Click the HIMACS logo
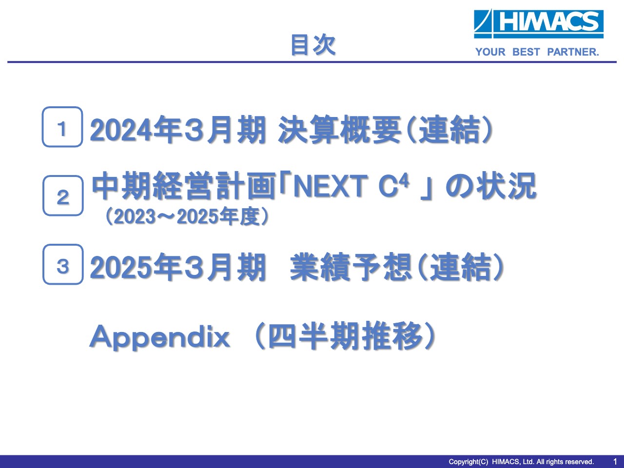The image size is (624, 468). click(x=538, y=24)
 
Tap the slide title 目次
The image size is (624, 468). click(x=313, y=45)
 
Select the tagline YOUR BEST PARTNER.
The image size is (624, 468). click(x=537, y=52)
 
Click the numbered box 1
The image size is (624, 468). click(x=62, y=127)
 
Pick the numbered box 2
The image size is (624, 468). click(x=63, y=196)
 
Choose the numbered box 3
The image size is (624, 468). click(x=63, y=264)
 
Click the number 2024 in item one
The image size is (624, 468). click(x=120, y=130)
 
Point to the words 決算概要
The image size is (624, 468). click(x=339, y=130)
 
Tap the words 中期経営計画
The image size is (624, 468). click(x=184, y=186)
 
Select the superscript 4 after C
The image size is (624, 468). click(x=404, y=181)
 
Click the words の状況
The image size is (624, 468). click(x=491, y=186)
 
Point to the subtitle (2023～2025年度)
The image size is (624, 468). click(x=187, y=216)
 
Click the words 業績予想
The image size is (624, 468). click(x=351, y=267)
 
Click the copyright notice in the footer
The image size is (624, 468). click(x=521, y=462)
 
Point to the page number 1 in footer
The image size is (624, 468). click(x=615, y=462)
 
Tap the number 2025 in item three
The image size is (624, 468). click(x=120, y=267)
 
